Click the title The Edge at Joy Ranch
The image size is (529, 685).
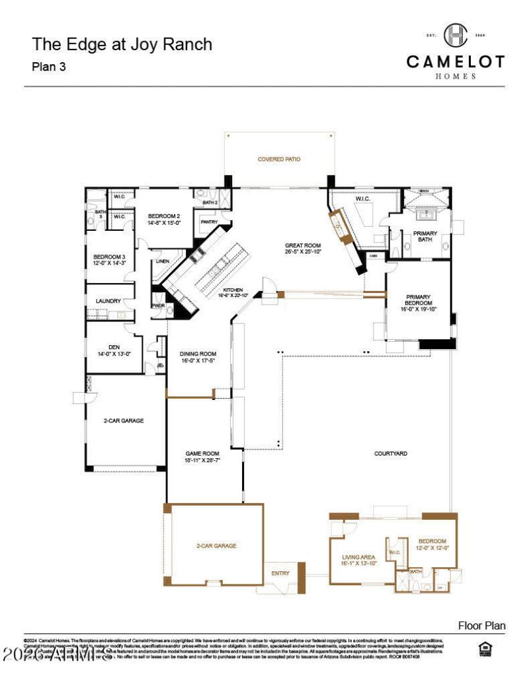pos(122,45)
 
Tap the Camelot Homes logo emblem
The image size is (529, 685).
pos(455,34)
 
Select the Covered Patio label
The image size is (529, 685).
pos(278,159)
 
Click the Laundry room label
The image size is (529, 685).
pos(108,301)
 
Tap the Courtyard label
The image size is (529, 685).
pos(390,454)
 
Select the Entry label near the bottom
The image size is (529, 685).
pos(280,573)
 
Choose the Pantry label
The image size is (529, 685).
pos(209,222)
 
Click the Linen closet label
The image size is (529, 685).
pos(163,261)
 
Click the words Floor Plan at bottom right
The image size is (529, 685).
pos(481,625)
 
